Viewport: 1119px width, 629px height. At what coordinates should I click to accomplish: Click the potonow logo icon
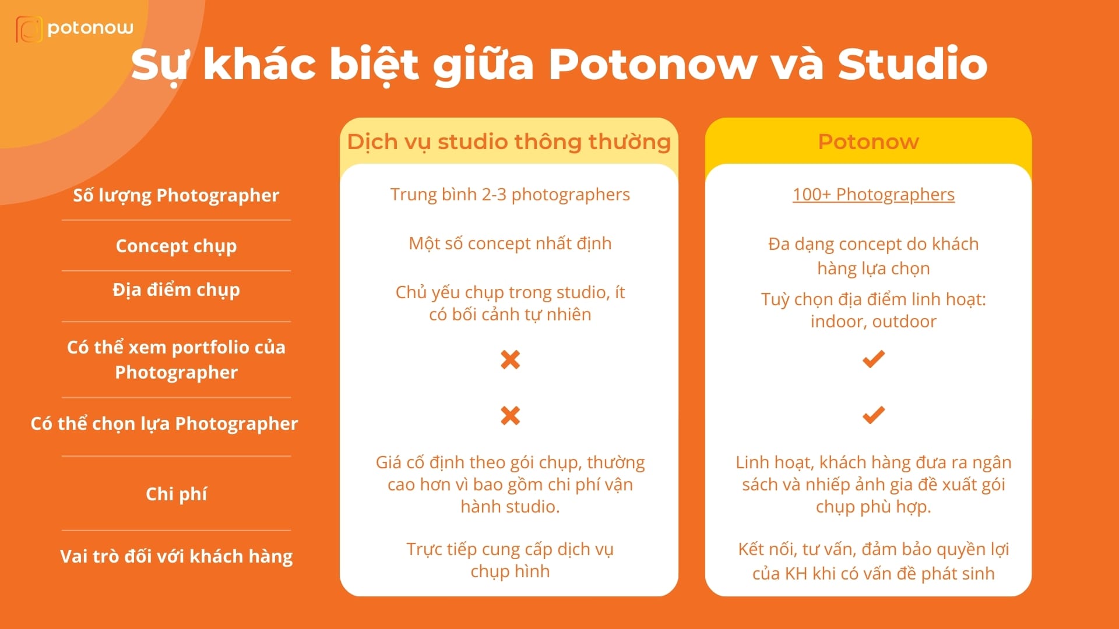pyautogui.click(x=29, y=29)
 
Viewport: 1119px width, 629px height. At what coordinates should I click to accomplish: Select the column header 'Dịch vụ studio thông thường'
pyautogui.click(x=509, y=142)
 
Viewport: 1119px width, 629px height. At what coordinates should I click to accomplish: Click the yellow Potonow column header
pyautogui.click(x=868, y=142)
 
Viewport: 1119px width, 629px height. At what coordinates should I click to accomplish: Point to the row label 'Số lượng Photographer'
pyautogui.click(x=176, y=195)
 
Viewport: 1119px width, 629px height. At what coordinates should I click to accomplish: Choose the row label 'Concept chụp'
pyautogui.click(x=176, y=246)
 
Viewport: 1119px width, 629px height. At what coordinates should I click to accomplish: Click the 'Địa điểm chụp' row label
pyautogui.click(x=176, y=289)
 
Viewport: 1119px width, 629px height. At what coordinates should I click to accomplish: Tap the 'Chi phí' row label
pyautogui.click(x=176, y=494)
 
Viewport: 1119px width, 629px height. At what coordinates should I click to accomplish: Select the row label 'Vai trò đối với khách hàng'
pyautogui.click(x=176, y=556)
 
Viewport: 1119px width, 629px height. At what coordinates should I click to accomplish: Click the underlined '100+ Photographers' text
pyautogui.click(x=873, y=194)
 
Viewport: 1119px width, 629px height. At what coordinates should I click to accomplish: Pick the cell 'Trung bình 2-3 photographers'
pyautogui.click(x=510, y=194)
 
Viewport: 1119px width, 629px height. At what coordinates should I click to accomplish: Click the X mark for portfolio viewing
pyautogui.click(x=510, y=359)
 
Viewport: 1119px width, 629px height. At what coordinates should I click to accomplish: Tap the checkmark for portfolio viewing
pyautogui.click(x=873, y=359)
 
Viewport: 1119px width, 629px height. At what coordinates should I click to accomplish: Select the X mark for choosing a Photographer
pyautogui.click(x=510, y=415)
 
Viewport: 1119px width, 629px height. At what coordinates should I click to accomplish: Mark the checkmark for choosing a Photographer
pyautogui.click(x=873, y=415)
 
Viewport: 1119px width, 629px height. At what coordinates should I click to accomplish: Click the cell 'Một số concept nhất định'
pyautogui.click(x=510, y=243)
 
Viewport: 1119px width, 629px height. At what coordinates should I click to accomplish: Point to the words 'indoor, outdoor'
pyautogui.click(x=873, y=321)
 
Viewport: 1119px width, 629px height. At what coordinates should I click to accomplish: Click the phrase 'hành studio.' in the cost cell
pyautogui.click(x=510, y=507)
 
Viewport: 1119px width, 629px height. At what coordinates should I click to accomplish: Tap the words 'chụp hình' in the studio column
pyautogui.click(x=510, y=571)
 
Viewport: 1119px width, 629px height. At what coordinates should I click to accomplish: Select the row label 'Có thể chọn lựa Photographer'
pyautogui.click(x=164, y=423)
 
